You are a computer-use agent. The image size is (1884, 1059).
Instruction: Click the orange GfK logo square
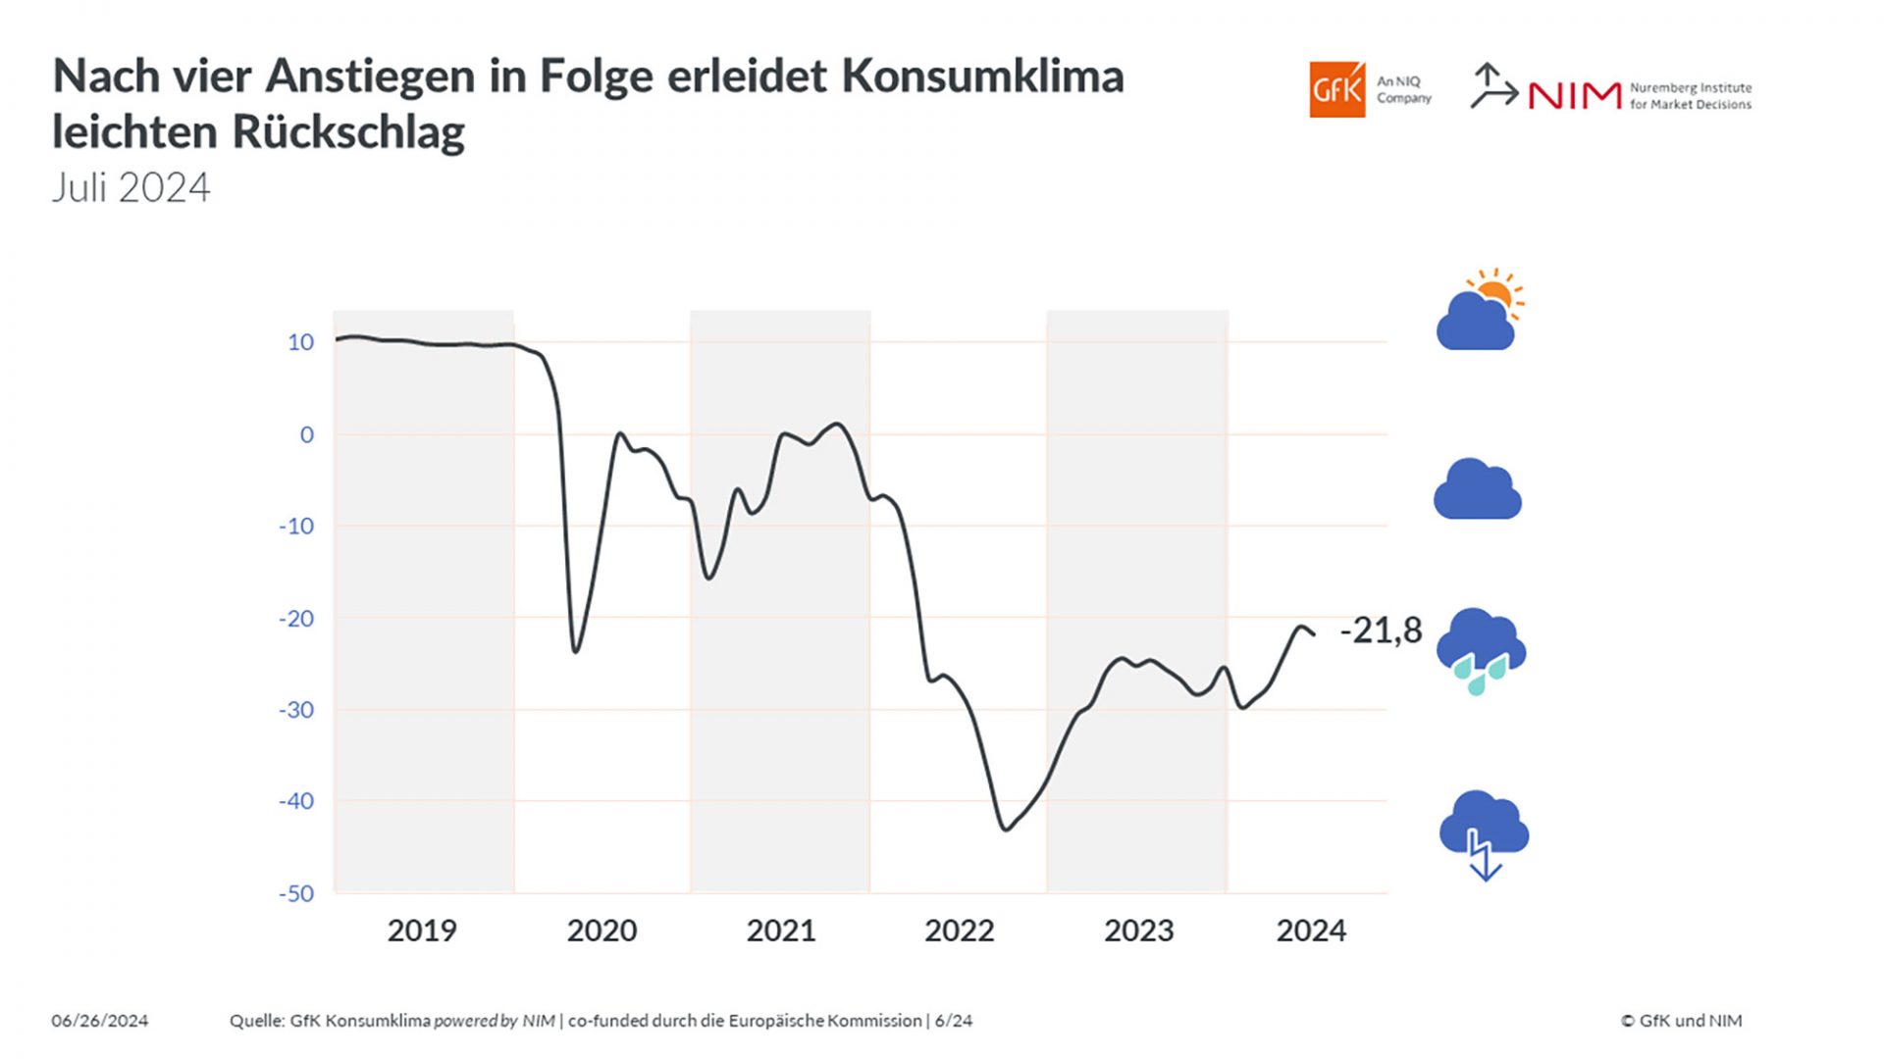coord(1336,90)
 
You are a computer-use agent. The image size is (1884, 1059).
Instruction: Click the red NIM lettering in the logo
coord(1574,96)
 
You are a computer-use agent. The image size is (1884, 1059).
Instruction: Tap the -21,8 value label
coord(1381,630)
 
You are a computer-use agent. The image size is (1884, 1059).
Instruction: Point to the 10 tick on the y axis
coord(300,342)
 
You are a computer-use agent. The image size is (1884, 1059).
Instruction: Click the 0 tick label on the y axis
coord(307,434)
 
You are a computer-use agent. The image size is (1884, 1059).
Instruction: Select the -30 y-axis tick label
coord(296,710)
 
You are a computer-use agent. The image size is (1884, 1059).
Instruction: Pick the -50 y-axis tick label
coord(296,893)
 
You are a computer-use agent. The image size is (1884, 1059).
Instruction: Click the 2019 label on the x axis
coord(422,931)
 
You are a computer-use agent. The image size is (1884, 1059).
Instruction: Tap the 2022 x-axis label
coord(959,931)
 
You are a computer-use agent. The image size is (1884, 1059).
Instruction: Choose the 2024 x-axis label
coord(1311,931)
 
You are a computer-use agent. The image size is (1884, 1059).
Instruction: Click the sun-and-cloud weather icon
coord(1480,311)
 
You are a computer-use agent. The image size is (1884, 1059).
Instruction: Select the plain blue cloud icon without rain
coord(1477,489)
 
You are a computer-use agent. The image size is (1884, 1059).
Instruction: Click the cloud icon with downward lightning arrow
coord(1484,834)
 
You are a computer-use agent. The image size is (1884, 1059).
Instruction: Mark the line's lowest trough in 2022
coord(1006,830)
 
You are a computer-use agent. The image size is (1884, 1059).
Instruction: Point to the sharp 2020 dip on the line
coord(575,651)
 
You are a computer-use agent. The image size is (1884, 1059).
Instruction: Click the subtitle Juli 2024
coord(131,188)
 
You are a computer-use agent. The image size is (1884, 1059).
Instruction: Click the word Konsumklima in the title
coord(982,76)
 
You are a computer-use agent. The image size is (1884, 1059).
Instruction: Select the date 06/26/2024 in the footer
coord(100,1021)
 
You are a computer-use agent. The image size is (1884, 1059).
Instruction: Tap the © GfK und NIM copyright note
coord(1681,1021)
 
